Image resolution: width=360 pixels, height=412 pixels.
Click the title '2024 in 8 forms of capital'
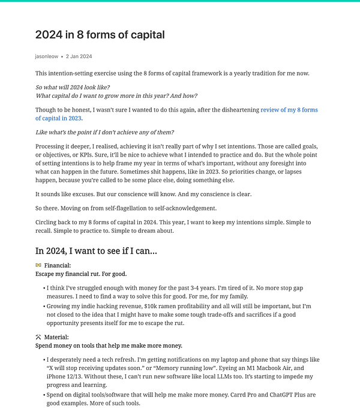100,34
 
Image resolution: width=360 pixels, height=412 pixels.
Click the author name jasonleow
46,56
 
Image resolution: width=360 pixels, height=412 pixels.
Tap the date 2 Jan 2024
79,56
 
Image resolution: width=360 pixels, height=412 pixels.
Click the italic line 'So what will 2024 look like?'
73,88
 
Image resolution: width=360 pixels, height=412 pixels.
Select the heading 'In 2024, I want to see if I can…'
96,251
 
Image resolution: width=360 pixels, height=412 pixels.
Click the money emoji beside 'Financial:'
38,265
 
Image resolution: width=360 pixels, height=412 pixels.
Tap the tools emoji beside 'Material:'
38,337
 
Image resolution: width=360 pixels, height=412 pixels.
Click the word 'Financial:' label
58,265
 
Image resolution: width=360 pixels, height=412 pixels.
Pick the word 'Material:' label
56,337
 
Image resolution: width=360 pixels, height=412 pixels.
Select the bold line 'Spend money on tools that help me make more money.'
109,345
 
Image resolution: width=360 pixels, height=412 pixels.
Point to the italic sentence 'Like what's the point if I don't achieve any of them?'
104,133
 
